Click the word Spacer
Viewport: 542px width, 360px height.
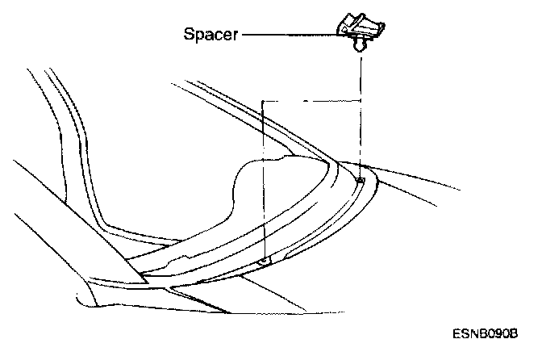pos(210,36)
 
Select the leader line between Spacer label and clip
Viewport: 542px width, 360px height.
pos(290,36)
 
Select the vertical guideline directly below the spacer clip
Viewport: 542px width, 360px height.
pos(360,113)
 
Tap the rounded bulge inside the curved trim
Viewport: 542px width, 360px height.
pos(266,174)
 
